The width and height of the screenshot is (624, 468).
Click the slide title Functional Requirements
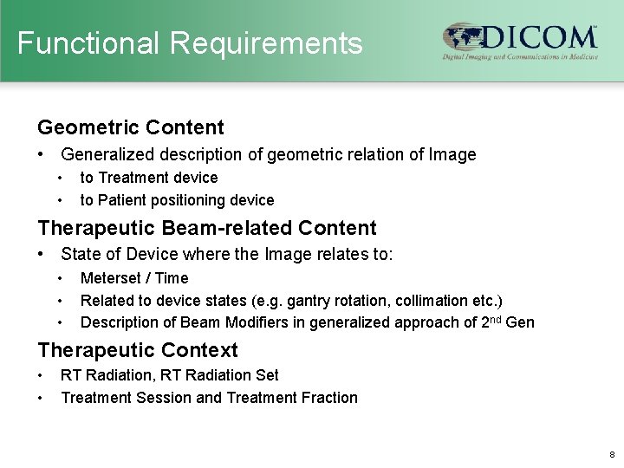click(190, 42)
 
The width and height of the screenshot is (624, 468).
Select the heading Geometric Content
click(130, 127)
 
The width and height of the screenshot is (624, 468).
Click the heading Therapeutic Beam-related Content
click(206, 228)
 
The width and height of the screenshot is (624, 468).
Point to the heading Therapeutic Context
click(137, 350)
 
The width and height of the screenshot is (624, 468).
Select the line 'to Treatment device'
click(148, 178)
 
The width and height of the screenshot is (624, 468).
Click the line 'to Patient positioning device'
click(177, 200)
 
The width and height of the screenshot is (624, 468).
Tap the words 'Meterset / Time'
click(134, 278)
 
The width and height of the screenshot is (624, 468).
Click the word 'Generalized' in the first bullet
click(102, 155)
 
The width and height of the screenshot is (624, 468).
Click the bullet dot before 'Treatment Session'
click(41, 398)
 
